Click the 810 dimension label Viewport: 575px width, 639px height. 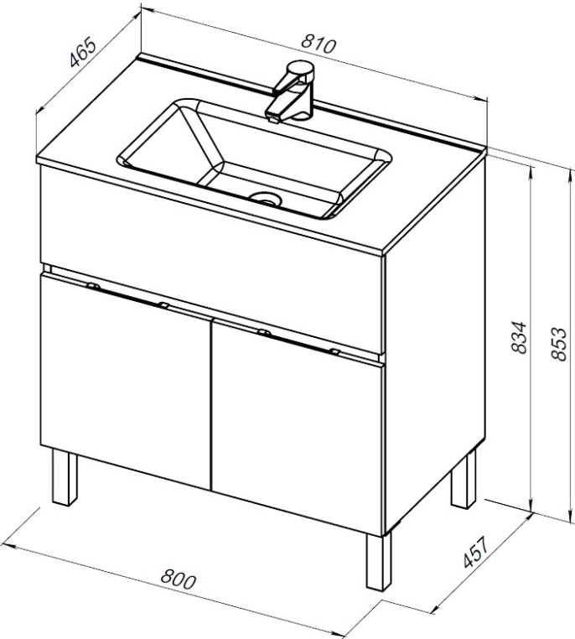(x=319, y=44)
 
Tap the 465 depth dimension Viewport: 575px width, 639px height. (x=83, y=53)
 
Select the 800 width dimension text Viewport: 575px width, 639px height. (x=179, y=579)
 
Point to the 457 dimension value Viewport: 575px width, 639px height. (x=475, y=552)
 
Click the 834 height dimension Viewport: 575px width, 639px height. (x=519, y=337)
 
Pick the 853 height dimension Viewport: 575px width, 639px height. (x=558, y=344)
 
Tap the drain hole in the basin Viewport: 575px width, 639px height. (x=266, y=199)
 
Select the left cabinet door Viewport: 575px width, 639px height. (x=126, y=381)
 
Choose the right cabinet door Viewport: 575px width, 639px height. (x=298, y=426)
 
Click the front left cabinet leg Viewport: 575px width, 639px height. (x=65, y=477)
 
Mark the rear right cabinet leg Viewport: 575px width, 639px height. (x=464, y=480)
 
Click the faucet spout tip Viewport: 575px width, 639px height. (x=272, y=118)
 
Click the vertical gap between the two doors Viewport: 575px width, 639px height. (x=211, y=404)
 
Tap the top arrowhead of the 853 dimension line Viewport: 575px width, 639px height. (x=568, y=174)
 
